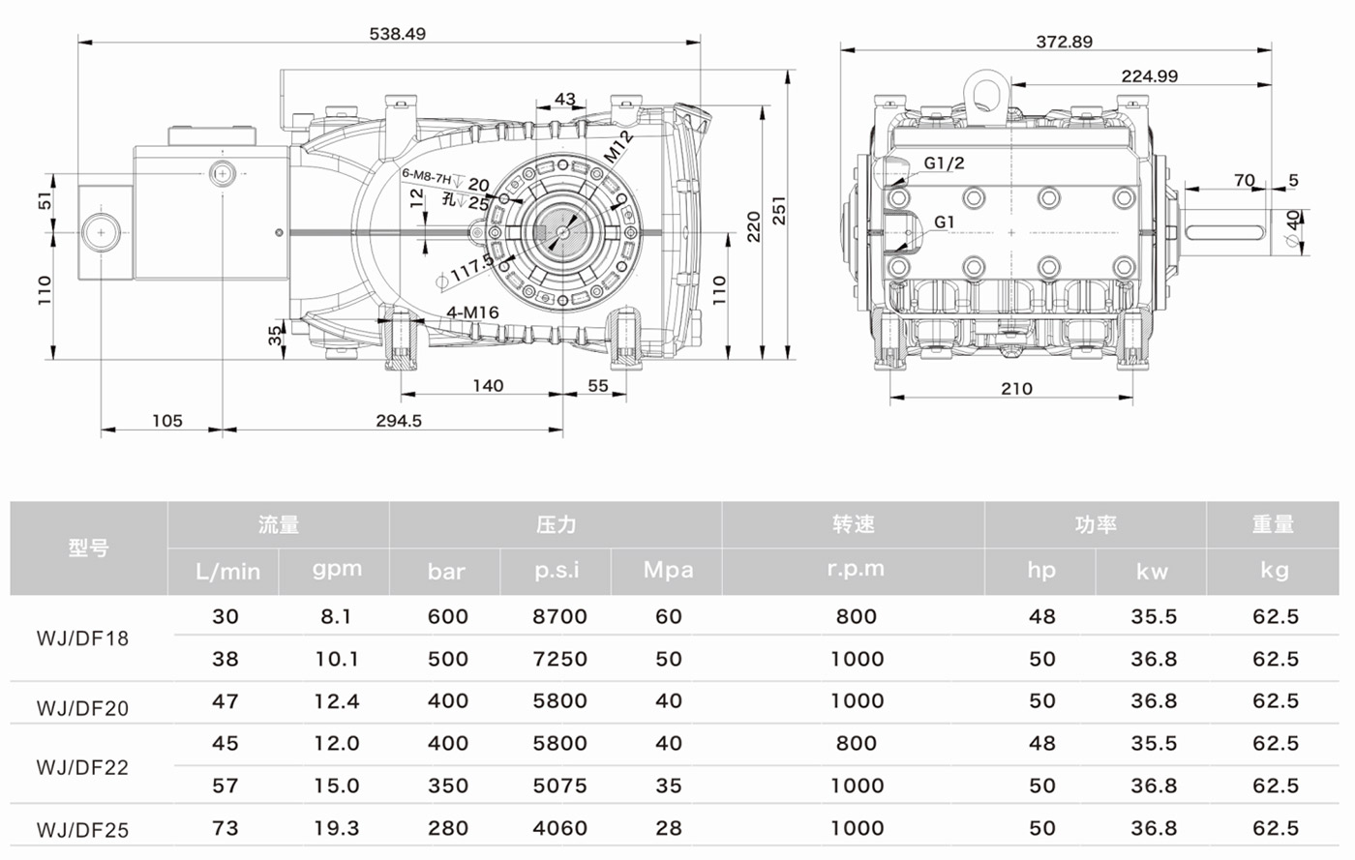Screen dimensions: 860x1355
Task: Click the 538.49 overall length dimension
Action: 397,34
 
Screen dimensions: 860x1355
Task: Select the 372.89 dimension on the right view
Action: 1064,42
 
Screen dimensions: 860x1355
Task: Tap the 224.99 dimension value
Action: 1149,76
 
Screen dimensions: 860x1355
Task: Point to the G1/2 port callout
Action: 943,163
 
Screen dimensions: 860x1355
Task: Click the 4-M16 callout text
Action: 472,312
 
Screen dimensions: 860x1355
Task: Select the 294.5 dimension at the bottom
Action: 399,421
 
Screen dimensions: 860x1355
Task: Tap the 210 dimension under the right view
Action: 1015,389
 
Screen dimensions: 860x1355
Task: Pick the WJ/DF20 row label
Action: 82,708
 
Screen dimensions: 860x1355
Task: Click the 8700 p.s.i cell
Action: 558,617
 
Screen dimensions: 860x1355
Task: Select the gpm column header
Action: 336,570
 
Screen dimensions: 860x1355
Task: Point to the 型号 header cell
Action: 88,548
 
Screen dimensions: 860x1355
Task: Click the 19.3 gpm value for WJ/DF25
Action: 336,828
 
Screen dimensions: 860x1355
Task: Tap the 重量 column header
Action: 1272,524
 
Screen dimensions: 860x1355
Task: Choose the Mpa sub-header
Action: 668,570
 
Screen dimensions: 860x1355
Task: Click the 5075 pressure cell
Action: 558,786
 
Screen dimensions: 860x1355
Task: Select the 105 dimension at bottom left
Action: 166,421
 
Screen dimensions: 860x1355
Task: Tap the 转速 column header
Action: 853,524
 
